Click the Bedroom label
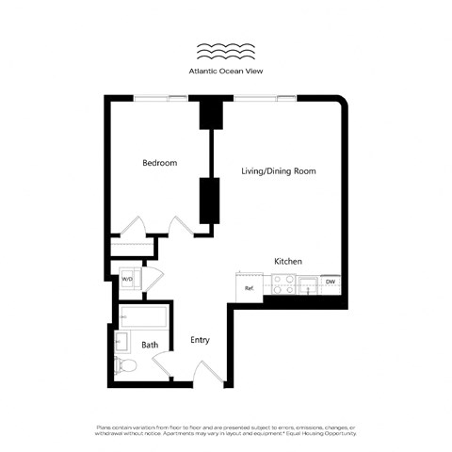tap(159, 163)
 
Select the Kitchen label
tap(287, 261)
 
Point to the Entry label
tap(200, 340)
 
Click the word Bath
tap(150, 346)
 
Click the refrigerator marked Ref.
tap(250, 286)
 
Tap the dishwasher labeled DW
tap(330, 282)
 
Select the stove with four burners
tap(283, 283)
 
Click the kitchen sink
tap(308, 282)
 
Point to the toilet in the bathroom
tap(121, 362)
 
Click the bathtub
tap(143, 315)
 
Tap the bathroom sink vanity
tap(121, 340)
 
